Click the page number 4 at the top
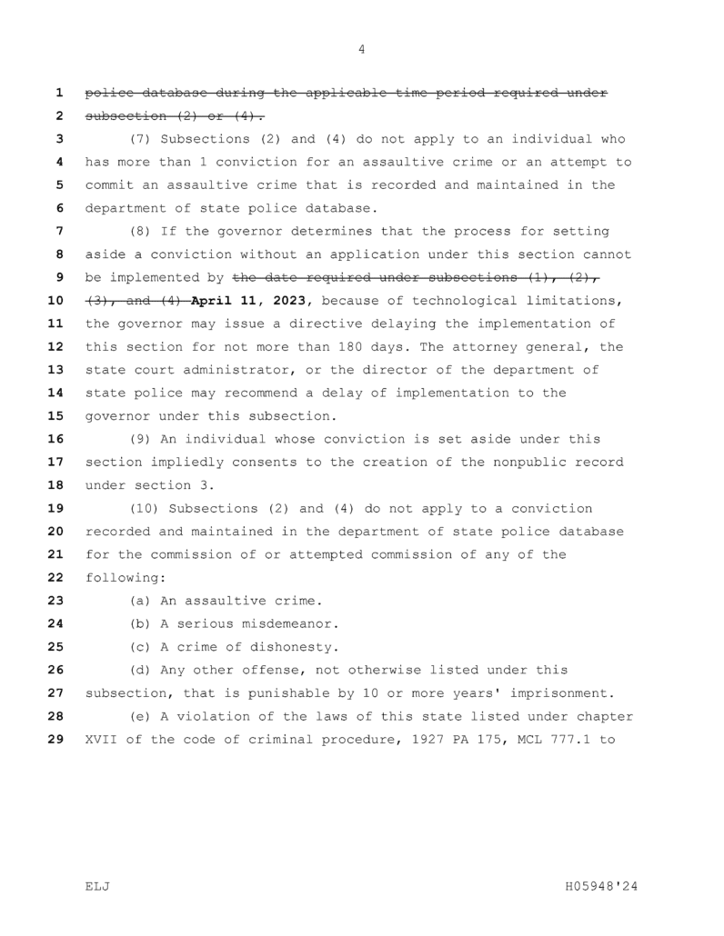pos(362,50)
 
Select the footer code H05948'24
pos(602,886)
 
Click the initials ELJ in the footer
pos(97,886)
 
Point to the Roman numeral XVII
pos(101,740)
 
